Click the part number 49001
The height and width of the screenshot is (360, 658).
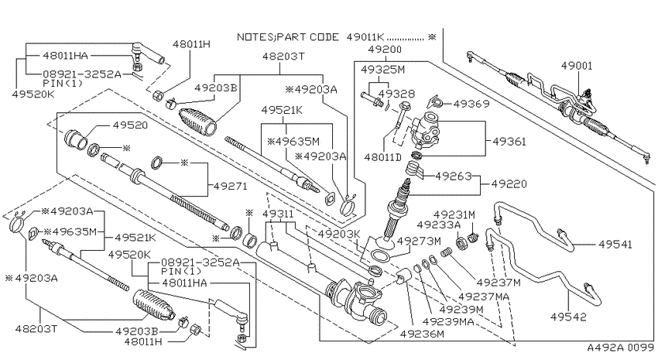click(x=577, y=66)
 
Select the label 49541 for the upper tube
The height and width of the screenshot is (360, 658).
click(x=615, y=244)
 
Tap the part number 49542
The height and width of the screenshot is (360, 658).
click(x=569, y=317)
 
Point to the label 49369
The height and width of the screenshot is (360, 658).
click(x=471, y=103)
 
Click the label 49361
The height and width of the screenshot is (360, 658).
click(x=509, y=142)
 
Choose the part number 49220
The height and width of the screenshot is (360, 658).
click(x=509, y=183)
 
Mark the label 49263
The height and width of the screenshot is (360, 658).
click(x=453, y=176)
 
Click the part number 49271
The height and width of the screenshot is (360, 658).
click(x=231, y=186)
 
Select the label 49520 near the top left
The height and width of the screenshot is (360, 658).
click(x=130, y=125)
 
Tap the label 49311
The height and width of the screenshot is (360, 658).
click(x=279, y=214)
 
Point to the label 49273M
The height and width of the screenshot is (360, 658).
click(x=418, y=241)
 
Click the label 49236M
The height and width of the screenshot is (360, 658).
click(x=422, y=334)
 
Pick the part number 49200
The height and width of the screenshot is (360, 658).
click(x=385, y=49)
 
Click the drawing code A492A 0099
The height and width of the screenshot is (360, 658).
click(x=620, y=348)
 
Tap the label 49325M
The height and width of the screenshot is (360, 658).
click(x=382, y=69)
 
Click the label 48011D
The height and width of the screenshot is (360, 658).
click(x=382, y=157)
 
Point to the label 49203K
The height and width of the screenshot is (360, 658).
click(x=339, y=234)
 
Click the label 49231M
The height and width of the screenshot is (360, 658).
click(x=454, y=214)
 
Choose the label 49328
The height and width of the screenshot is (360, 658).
click(x=396, y=93)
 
